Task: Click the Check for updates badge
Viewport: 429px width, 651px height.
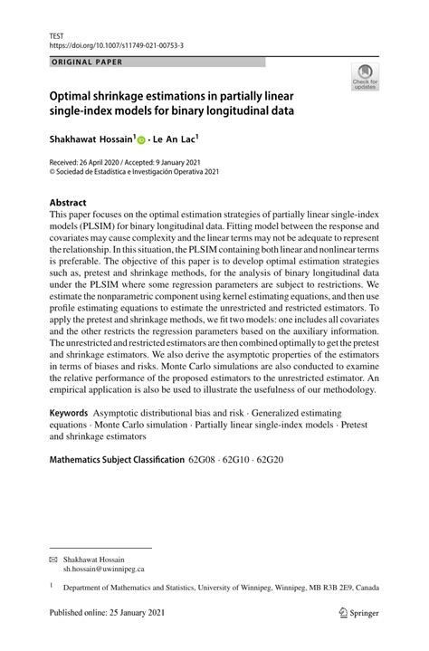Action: point(365,77)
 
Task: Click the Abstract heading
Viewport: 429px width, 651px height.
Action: point(69,203)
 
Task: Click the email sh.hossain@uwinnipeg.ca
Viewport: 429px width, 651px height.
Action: point(102,570)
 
